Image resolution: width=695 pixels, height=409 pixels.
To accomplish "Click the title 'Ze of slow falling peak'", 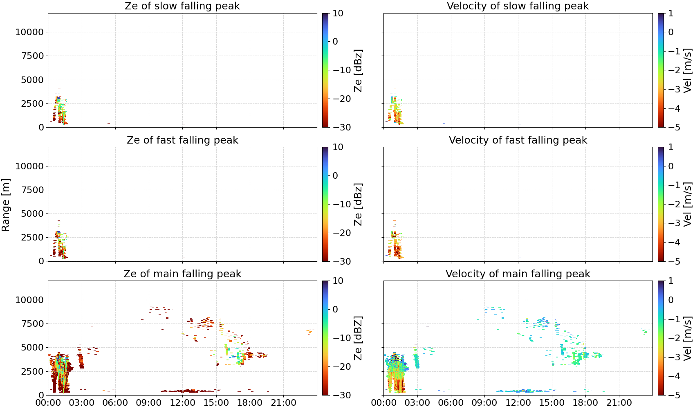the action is (x=182, y=6).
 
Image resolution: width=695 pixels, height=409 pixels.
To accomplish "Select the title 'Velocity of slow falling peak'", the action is (x=518, y=6).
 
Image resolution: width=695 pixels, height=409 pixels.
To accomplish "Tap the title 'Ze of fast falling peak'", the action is (x=182, y=140).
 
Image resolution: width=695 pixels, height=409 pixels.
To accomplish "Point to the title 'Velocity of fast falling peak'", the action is (x=518, y=140).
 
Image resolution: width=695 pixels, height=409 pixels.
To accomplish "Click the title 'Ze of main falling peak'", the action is (x=182, y=274).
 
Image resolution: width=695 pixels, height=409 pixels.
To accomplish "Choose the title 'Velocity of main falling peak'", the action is (x=518, y=274).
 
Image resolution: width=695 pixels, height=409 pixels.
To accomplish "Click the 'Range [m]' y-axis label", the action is (x=6, y=205).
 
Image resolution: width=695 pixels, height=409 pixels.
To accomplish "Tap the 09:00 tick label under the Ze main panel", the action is (x=149, y=403).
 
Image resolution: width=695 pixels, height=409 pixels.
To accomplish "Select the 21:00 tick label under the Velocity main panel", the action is (x=619, y=403).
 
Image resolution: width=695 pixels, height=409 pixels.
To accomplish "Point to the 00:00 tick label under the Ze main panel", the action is (x=48, y=403).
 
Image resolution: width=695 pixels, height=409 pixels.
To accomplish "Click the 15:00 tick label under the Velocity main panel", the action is (x=552, y=403).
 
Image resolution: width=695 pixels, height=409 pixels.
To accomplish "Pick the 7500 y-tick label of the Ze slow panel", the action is (x=33, y=56).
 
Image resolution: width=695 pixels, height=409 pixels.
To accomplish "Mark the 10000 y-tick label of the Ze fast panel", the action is (x=30, y=166).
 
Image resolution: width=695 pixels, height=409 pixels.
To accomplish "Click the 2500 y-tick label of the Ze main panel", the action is (x=33, y=371).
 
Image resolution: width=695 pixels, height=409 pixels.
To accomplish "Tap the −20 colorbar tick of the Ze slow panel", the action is (x=342, y=99).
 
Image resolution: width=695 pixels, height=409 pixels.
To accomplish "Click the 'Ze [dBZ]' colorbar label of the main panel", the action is (x=358, y=338).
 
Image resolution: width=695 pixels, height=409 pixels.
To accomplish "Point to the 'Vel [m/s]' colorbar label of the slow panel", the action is (x=688, y=70).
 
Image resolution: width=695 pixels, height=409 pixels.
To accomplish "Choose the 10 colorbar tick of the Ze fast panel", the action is (x=338, y=147).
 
